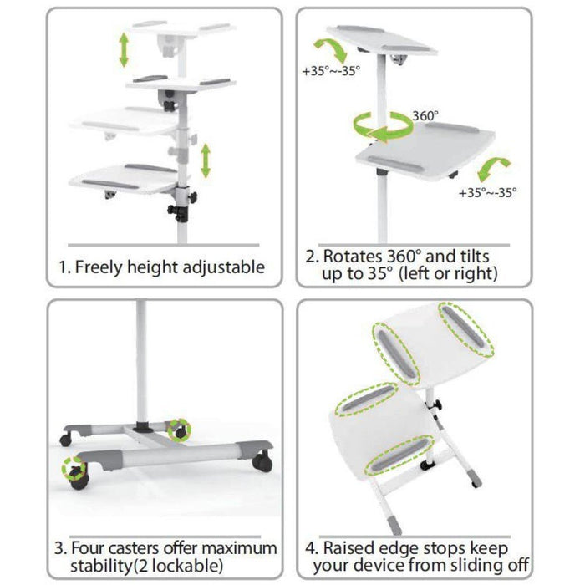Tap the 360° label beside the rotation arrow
click(x=425, y=116)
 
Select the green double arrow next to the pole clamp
click(x=205, y=159)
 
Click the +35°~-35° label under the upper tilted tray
click(x=330, y=71)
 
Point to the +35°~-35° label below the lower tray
click(x=487, y=192)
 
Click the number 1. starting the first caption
click(x=64, y=267)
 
